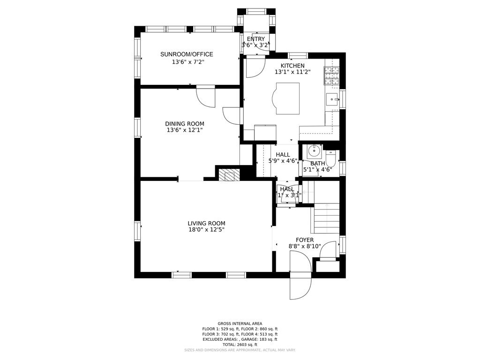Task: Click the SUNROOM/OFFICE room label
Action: tap(187, 54)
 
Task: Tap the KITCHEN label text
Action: tap(292, 66)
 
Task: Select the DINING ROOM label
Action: tap(185, 124)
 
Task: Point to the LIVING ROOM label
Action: tap(206, 224)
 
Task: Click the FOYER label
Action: tap(305, 240)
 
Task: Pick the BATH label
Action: tap(317, 164)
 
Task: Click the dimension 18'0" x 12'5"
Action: tap(206, 230)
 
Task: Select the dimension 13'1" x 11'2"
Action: tap(292, 72)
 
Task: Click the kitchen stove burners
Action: tap(331, 75)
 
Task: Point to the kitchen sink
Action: tap(332, 99)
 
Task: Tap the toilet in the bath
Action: tap(330, 158)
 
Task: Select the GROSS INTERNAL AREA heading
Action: tap(240, 323)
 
